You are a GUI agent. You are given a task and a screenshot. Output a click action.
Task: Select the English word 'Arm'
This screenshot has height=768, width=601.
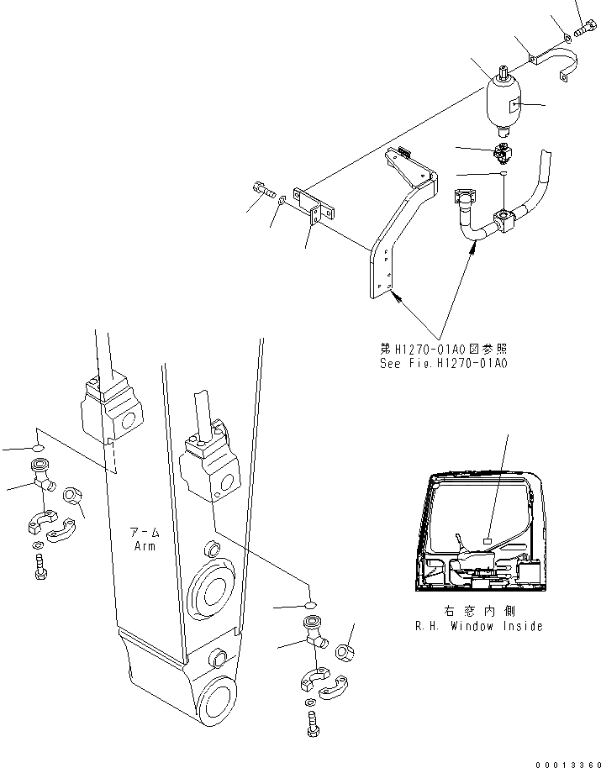(145, 545)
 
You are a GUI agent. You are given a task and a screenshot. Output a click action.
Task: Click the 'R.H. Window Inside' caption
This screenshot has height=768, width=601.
(478, 626)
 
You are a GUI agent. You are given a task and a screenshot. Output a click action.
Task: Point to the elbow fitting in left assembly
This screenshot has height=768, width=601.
(42, 476)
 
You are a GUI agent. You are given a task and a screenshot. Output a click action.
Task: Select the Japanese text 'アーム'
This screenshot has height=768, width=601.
(145, 533)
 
